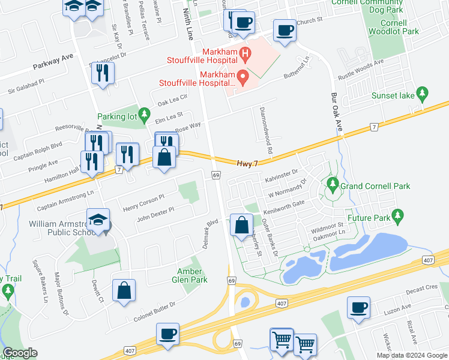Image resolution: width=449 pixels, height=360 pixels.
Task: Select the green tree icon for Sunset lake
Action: [423, 93]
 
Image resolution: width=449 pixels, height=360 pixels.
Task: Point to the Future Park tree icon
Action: [396, 214]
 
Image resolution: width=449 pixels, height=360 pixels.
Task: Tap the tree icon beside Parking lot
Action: [144, 113]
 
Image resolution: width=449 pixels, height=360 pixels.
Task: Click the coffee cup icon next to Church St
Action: [285, 29]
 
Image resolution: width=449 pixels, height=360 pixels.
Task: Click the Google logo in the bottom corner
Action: [20, 353]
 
